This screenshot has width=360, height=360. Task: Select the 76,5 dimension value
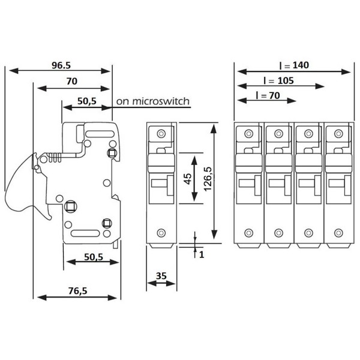77,291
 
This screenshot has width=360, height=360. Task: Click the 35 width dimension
161,276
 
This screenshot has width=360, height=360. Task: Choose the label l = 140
293,65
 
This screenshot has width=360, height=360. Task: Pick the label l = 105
277,80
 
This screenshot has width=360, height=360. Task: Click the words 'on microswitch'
152,101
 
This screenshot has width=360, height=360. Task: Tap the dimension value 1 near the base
203,254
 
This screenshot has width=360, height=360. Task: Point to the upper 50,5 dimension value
87,101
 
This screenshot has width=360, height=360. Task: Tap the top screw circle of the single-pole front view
161,133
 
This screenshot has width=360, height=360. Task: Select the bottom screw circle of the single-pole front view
161,233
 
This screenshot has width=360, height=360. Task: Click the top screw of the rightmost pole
337,133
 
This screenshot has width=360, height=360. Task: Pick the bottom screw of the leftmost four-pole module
249,233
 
